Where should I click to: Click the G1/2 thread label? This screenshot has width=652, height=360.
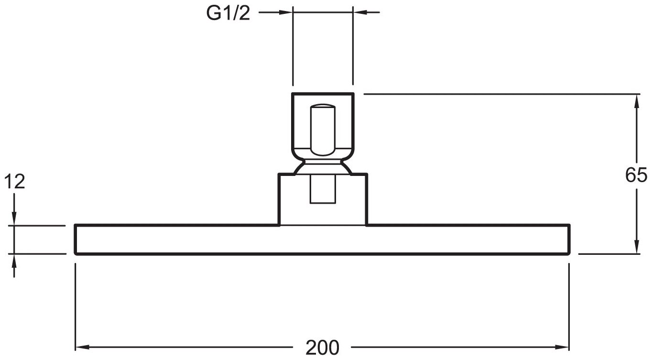(228, 13)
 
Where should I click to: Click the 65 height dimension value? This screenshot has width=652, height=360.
(636, 175)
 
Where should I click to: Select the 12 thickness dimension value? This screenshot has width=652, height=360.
(15, 182)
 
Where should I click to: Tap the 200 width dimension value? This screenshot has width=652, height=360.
(323, 347)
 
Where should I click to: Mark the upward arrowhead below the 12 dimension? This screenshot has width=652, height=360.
(15, 261)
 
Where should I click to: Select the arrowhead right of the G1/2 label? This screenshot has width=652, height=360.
(285, 13)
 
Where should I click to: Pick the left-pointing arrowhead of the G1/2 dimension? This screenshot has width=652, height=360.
(359, 13)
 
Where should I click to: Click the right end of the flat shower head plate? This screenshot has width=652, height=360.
(569, 239)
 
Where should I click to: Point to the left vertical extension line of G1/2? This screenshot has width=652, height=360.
(293, 48)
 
